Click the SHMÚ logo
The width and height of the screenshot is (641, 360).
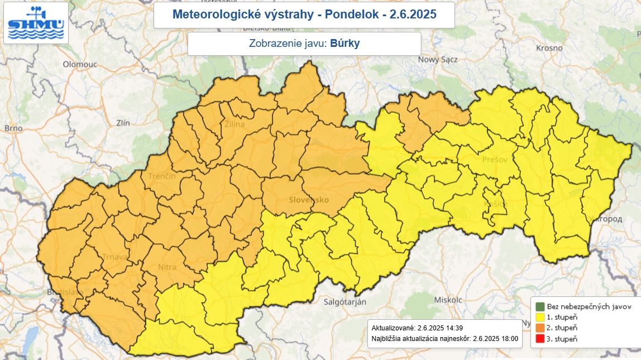click(36, 23)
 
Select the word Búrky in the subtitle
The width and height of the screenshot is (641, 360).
click(345, 44)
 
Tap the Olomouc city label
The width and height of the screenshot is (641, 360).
click(80, 64)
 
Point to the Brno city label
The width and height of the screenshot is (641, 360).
click(13, 128)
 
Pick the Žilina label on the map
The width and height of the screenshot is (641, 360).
click(235, 124)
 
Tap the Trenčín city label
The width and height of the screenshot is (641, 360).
click(162, 176)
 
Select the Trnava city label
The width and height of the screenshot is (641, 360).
click(116, 257)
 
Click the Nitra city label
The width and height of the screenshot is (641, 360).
click(168, 267)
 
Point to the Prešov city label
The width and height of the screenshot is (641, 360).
click(494, 160)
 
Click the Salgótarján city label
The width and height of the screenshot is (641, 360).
click(345, 302)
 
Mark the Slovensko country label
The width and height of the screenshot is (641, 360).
click(309, 199)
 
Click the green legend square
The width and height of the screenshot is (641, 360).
click(539, 306)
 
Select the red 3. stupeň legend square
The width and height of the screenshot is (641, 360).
click(539, 339)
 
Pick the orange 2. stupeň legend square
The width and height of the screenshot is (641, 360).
click(539, 328)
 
